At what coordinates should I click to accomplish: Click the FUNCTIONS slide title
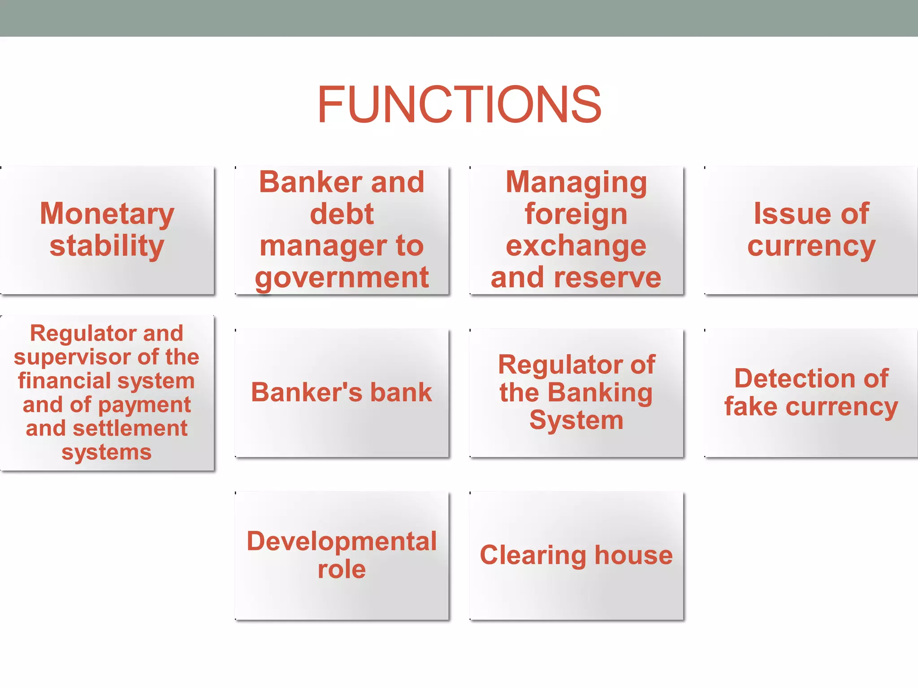click(459, 105)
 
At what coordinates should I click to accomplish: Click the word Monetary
click(107, 214)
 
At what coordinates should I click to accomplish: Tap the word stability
click(107, 245)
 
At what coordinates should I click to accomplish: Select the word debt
click(342, 214)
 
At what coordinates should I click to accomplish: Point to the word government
click(342, 278)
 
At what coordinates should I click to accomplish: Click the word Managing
click(576, 182)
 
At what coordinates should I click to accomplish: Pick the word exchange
click(576, 245)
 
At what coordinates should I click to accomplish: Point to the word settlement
click(130, 428)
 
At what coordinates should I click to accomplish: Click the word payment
click(144, 405)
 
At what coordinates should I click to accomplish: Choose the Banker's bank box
click(342, 393)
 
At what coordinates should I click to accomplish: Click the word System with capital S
click(576, 421)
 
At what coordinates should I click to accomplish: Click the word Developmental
click(342, 541)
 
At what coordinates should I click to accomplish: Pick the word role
click(342, 569)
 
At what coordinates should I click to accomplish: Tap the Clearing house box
click(576, 555)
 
